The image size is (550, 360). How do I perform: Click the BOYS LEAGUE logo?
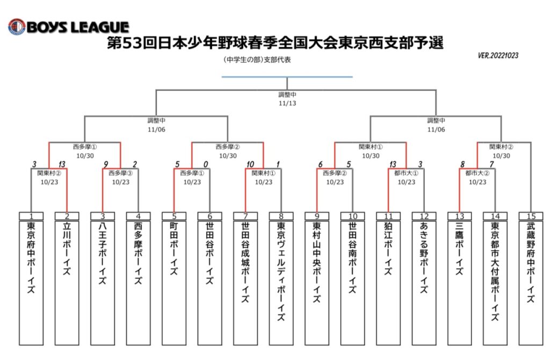[69, 27]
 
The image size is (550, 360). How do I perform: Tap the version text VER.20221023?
[498, 55]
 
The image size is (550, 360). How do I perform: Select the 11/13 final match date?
[287, 103]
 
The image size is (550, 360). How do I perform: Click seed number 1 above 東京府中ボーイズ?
[31, 216]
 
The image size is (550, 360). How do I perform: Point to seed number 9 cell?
[317, 216]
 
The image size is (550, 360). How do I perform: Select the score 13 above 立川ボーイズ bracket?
[62, 164]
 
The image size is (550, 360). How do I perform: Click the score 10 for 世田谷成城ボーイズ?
[250, 164]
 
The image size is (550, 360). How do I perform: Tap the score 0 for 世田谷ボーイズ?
[206, 164]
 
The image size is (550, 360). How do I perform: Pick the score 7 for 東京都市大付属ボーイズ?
[492, 164]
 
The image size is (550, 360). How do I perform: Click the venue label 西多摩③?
[121, 173]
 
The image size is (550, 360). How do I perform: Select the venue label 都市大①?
[406, 173]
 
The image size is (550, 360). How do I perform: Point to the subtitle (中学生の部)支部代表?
[257, 60]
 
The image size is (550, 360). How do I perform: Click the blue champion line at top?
[287, 76]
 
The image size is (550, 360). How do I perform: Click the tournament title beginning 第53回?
[276, 43]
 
